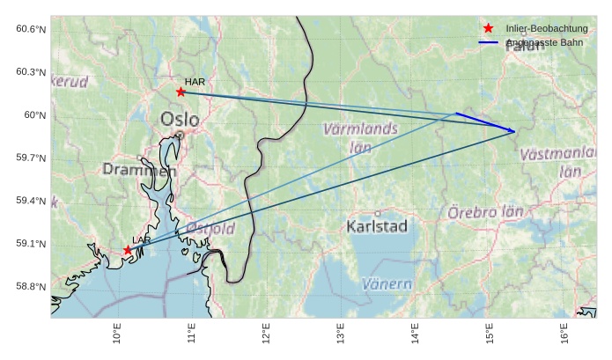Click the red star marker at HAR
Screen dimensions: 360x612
tap(181, 92)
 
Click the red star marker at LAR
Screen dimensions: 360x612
tap(128, 251)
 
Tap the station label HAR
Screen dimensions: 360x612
tap(195, 82)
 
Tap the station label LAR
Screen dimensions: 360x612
tap(142, 239)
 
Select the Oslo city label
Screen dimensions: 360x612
tap(180, 119)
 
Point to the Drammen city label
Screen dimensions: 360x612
tap(139, 170)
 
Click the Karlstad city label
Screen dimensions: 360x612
tap(378, 226)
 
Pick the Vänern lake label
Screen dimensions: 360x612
tap(387, 284)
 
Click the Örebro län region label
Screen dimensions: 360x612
tap(485, 212)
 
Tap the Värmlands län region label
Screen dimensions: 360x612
tap(360, 138)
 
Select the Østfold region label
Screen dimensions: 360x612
tap(210, 229)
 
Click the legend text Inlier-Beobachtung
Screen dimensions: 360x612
tap(547, 29)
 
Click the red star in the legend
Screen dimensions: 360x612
tap(489, 29)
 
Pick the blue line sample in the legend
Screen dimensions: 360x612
tap(489, 42)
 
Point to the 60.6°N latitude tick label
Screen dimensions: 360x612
tap(31, 29)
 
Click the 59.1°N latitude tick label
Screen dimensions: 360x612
tap(31, 244)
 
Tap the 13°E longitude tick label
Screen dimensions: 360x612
tap(341, 335)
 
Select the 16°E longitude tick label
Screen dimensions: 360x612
tap(564, 335)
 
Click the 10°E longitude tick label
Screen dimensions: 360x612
tap(117, 335)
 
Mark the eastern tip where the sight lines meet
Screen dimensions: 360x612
tap(515, 131)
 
